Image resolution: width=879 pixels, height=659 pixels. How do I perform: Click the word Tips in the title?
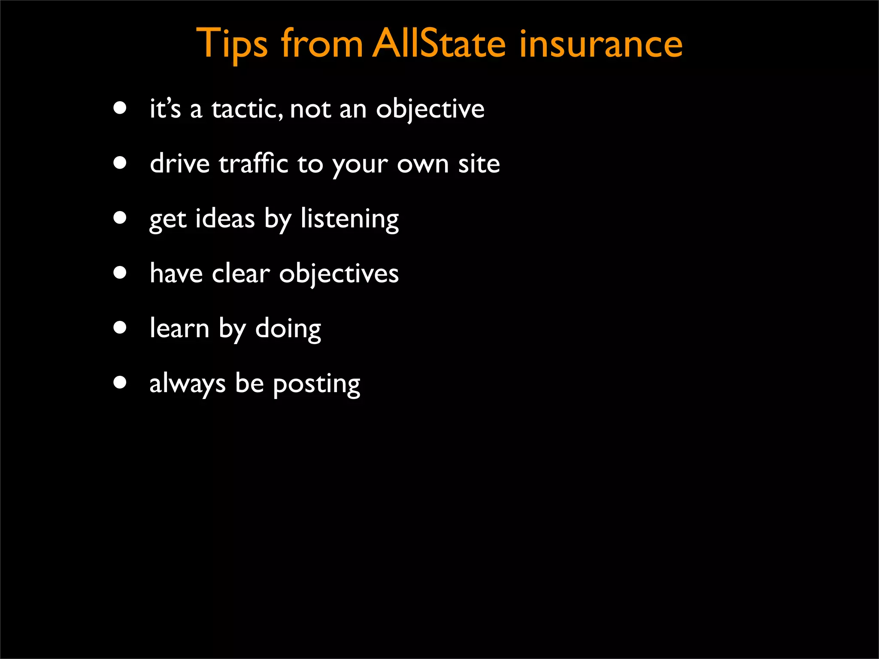click(232, 44)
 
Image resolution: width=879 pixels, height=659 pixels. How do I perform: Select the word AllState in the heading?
click(439, 43)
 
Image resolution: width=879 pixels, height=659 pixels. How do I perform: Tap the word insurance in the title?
click(600, 44)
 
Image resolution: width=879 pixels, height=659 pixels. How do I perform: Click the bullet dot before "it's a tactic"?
click(120, 108)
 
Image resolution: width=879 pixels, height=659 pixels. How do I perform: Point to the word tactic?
click(246, 109)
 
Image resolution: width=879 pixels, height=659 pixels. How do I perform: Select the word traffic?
click(253, 163)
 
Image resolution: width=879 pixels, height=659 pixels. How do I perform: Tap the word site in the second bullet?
click(479, 164)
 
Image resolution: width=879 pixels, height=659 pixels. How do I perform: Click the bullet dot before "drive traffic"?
click(120, 163)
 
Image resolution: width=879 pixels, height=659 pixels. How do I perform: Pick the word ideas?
click(225, 219)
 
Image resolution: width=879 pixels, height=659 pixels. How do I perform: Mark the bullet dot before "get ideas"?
click(120, 218)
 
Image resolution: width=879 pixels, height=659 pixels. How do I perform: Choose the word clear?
click(241, 274)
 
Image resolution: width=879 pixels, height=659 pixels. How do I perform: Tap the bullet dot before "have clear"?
click(120, 273)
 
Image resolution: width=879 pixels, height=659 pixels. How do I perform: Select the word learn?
click(179, 329)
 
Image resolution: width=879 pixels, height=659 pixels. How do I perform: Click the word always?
click(187, 384)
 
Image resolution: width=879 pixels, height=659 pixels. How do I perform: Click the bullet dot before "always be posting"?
click(120, 382)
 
